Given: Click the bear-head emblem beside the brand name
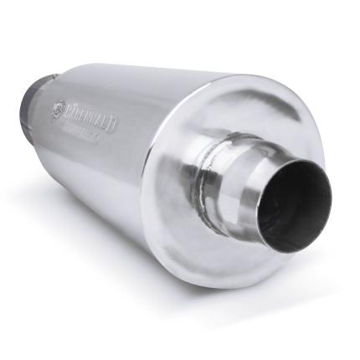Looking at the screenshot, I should click(x=57, y=108).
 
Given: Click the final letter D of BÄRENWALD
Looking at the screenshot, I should click(x=114, y=125).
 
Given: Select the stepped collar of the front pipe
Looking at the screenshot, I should click(x=243, y=180).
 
